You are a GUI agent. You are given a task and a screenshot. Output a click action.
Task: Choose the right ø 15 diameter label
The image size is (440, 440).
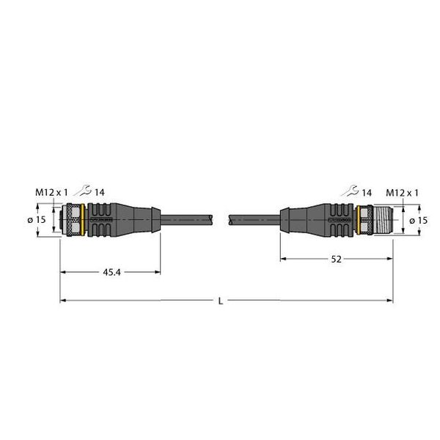419,220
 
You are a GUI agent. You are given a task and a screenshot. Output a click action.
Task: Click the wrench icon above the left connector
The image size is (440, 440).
86,191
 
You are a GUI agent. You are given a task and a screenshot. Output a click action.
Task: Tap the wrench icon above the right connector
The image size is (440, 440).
351,191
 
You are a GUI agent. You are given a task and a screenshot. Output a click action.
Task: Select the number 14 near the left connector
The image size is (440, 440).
100,193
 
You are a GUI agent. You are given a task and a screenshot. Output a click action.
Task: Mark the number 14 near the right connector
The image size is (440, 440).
367,193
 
